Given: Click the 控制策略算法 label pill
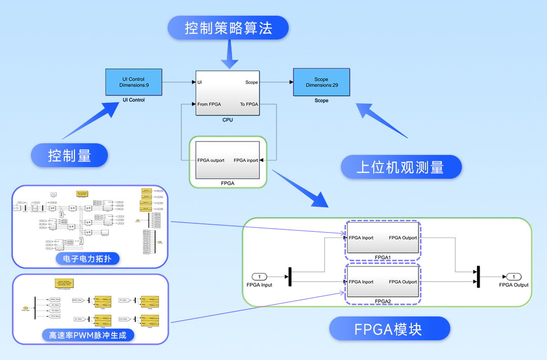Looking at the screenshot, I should point(228,28).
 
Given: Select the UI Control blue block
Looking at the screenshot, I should point(134,82).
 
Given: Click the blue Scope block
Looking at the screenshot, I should point(321,83).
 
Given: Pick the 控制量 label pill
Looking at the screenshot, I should point(69,155).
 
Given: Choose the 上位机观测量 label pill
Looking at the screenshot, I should point(401,167).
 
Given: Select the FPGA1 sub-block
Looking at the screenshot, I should point(382,237).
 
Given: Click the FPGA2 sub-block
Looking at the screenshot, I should point(382,282).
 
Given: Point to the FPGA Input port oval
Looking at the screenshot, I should point(259,276).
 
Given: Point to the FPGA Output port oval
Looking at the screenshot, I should point(514,276).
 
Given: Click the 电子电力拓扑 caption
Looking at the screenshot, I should point(88,259).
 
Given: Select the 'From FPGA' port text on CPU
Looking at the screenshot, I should point(209,104).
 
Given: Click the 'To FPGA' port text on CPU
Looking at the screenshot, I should point(249,104).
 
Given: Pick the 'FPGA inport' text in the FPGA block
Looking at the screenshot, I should point(246,161).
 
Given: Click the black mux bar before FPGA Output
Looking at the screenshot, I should point(478,276).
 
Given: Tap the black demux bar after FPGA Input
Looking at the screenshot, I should point(290,276).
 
